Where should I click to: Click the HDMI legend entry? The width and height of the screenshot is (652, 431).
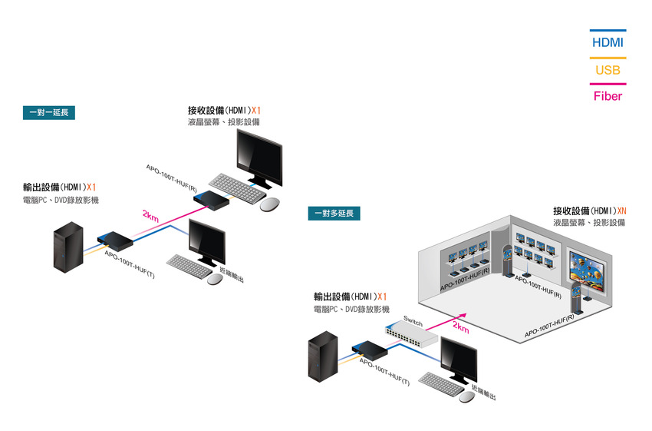coord(608,42)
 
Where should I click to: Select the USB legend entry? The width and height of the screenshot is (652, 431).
coord(608,70)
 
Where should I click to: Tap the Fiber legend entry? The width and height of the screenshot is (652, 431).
coord(608,96)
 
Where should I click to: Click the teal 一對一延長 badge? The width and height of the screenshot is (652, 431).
coord(48,113)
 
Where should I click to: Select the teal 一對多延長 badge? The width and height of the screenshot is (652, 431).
coord(334,213)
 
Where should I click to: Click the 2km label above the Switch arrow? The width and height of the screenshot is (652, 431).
coord(461,327)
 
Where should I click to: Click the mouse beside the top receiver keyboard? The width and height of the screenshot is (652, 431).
coord(270,204)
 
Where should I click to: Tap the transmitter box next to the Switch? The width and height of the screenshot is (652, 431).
coord(367,350)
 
